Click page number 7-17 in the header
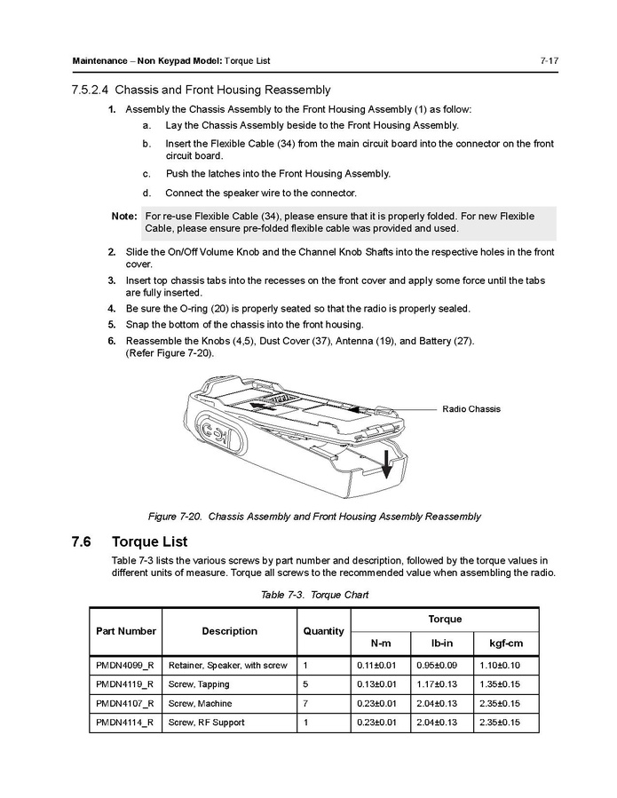click(547, 60)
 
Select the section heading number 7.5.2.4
click(90, 90)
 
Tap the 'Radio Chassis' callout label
click(471, 409)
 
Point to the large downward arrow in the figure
click(385, 460)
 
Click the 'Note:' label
click(124, 216)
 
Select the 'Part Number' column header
click(125, 631)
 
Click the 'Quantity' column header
click(323, 631)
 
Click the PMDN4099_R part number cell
click(125, 665)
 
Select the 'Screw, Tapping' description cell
click(199, 684)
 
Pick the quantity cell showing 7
click(305, 704)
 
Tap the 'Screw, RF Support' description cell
click(207, 723)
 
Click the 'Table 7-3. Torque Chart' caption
click(314, 595)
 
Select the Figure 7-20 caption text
click(314, 516)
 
